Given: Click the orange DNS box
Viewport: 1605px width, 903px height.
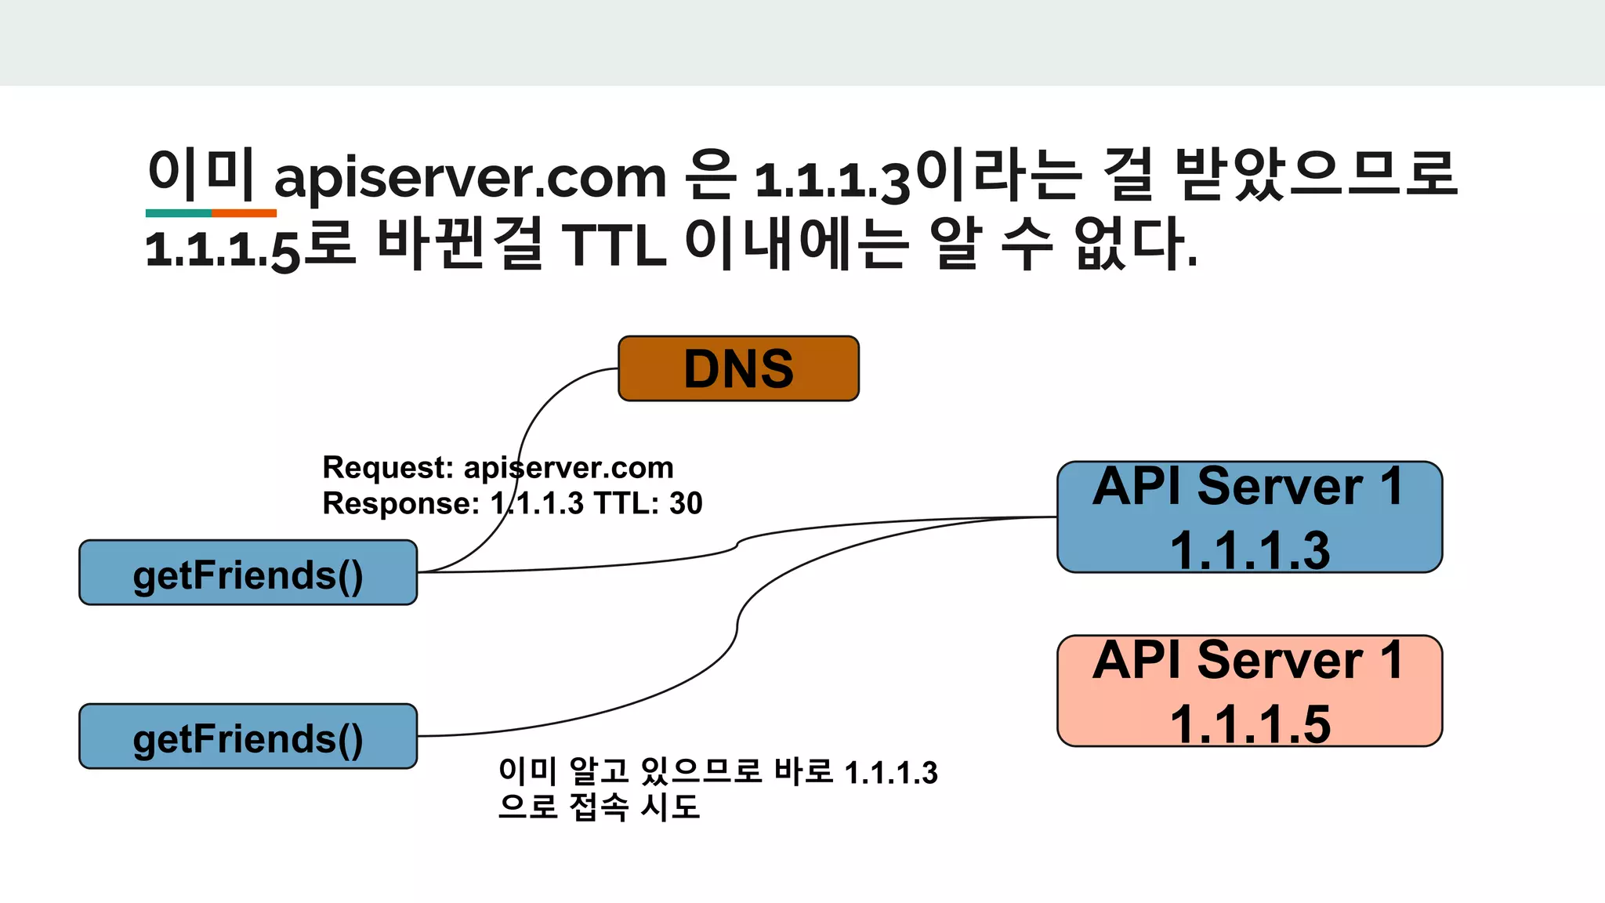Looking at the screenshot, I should click(x=738, y=368).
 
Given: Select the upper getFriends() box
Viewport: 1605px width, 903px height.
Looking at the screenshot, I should click(x=248, y=573).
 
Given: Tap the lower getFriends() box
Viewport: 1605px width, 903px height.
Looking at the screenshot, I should click(x=248, y=737).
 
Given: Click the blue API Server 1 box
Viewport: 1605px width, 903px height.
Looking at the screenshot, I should click(x=1249, y=517).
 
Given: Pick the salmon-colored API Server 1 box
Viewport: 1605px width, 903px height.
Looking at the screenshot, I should click(x=1249, y=691).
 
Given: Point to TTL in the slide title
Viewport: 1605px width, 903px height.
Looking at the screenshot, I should click(x=614, y=245).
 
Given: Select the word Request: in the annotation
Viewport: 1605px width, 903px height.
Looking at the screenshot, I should click(x=388, y=468).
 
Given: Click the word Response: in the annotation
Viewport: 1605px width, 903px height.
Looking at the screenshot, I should click(x=400, y=503).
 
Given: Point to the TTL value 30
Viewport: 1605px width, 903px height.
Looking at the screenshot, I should click(x=686, y=503).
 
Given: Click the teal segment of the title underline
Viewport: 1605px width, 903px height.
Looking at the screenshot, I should click(x=179, y=213).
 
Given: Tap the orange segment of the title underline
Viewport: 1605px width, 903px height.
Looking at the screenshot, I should click(x=244, y=213).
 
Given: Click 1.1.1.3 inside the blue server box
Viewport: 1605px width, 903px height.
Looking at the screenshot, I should click(x=1250, y=550).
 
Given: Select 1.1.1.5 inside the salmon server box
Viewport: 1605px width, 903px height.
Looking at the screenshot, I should click(x=1250, y=724).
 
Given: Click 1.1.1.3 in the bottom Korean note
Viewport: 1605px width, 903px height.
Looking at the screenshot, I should click(x=891, y=773).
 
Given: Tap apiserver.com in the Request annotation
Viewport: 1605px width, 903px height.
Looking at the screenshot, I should click(x=568, y=468).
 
